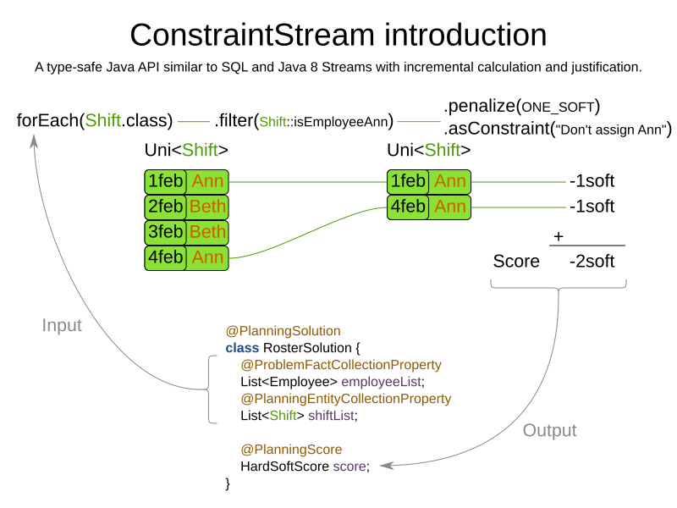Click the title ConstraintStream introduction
click(x=338, y=35)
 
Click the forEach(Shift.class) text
click(x=95, y=120)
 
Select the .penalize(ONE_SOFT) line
click(x=521, y=107)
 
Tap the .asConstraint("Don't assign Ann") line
click(x=557, y=130)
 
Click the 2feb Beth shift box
click(x=186, y=207)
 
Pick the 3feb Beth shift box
click(x=186, y=232)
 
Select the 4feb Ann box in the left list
click(x=186, y=257)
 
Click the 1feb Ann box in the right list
click(x=428, y=181)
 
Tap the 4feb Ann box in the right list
click(x=428, y=207)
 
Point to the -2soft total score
click(x=592, y=262)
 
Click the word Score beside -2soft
click(x=516, y=262)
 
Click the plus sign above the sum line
click(x=559, y=237)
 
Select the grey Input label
click(x=62, y=325)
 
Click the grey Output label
click(x=549, y=430)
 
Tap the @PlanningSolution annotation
click(x=283, y=331)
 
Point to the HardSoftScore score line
click(x=305, y=467)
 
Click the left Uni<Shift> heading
click(x=186, y=151)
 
